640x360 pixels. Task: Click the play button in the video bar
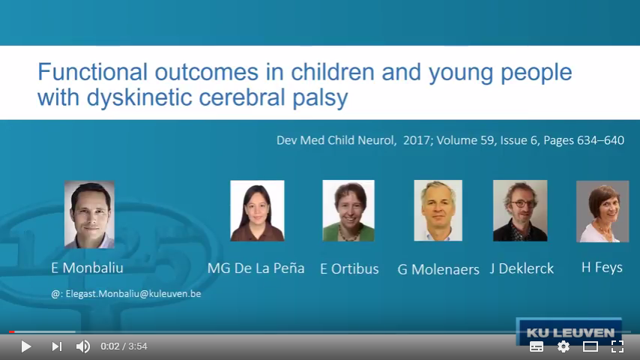26,346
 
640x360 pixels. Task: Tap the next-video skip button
57,346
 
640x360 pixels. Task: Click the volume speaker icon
83,346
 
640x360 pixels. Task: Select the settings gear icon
564,346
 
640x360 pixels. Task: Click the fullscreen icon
618,346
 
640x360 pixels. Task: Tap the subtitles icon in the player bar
537,346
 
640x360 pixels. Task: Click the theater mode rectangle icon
591,346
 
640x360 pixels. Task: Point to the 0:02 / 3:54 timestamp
124,346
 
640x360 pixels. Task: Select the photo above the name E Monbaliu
89,214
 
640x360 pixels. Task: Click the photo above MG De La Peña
257,211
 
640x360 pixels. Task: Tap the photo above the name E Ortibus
348,211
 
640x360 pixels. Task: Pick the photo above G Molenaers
438,211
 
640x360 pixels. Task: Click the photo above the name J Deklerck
520,211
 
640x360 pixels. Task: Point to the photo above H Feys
603,211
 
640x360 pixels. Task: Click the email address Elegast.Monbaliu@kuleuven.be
133,294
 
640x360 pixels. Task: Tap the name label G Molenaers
438,269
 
